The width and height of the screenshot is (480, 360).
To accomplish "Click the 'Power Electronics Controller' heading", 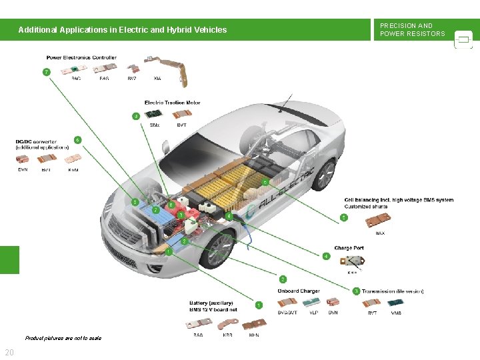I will tap(81, 58).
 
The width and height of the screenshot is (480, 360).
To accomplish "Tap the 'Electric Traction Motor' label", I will tap(173, 103).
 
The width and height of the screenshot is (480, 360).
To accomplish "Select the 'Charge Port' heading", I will tap(349, 248).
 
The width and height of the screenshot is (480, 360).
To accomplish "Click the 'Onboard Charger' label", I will tap(299, 291).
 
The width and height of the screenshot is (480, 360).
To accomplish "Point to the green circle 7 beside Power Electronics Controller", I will tap(46, 71).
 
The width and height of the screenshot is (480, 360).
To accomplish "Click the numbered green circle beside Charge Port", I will tap(326, 256).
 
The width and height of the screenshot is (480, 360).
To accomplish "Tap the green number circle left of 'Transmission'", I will tap(357, 291).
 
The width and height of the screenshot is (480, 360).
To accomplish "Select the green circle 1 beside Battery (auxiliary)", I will tap(259, 305).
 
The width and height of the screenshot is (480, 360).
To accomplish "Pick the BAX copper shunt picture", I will tap(379, 223).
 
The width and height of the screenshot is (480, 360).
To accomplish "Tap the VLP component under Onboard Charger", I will tap(313, 303).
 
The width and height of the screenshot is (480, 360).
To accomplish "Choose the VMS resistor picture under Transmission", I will tap(397, 303).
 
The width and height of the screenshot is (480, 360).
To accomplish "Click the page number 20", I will tap(10, 352).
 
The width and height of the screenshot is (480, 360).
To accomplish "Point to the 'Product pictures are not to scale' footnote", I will tap(63, 338).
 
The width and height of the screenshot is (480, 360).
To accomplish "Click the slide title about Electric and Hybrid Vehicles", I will tap(123, 30).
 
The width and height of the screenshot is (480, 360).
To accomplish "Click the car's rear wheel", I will tap(324, 175).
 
